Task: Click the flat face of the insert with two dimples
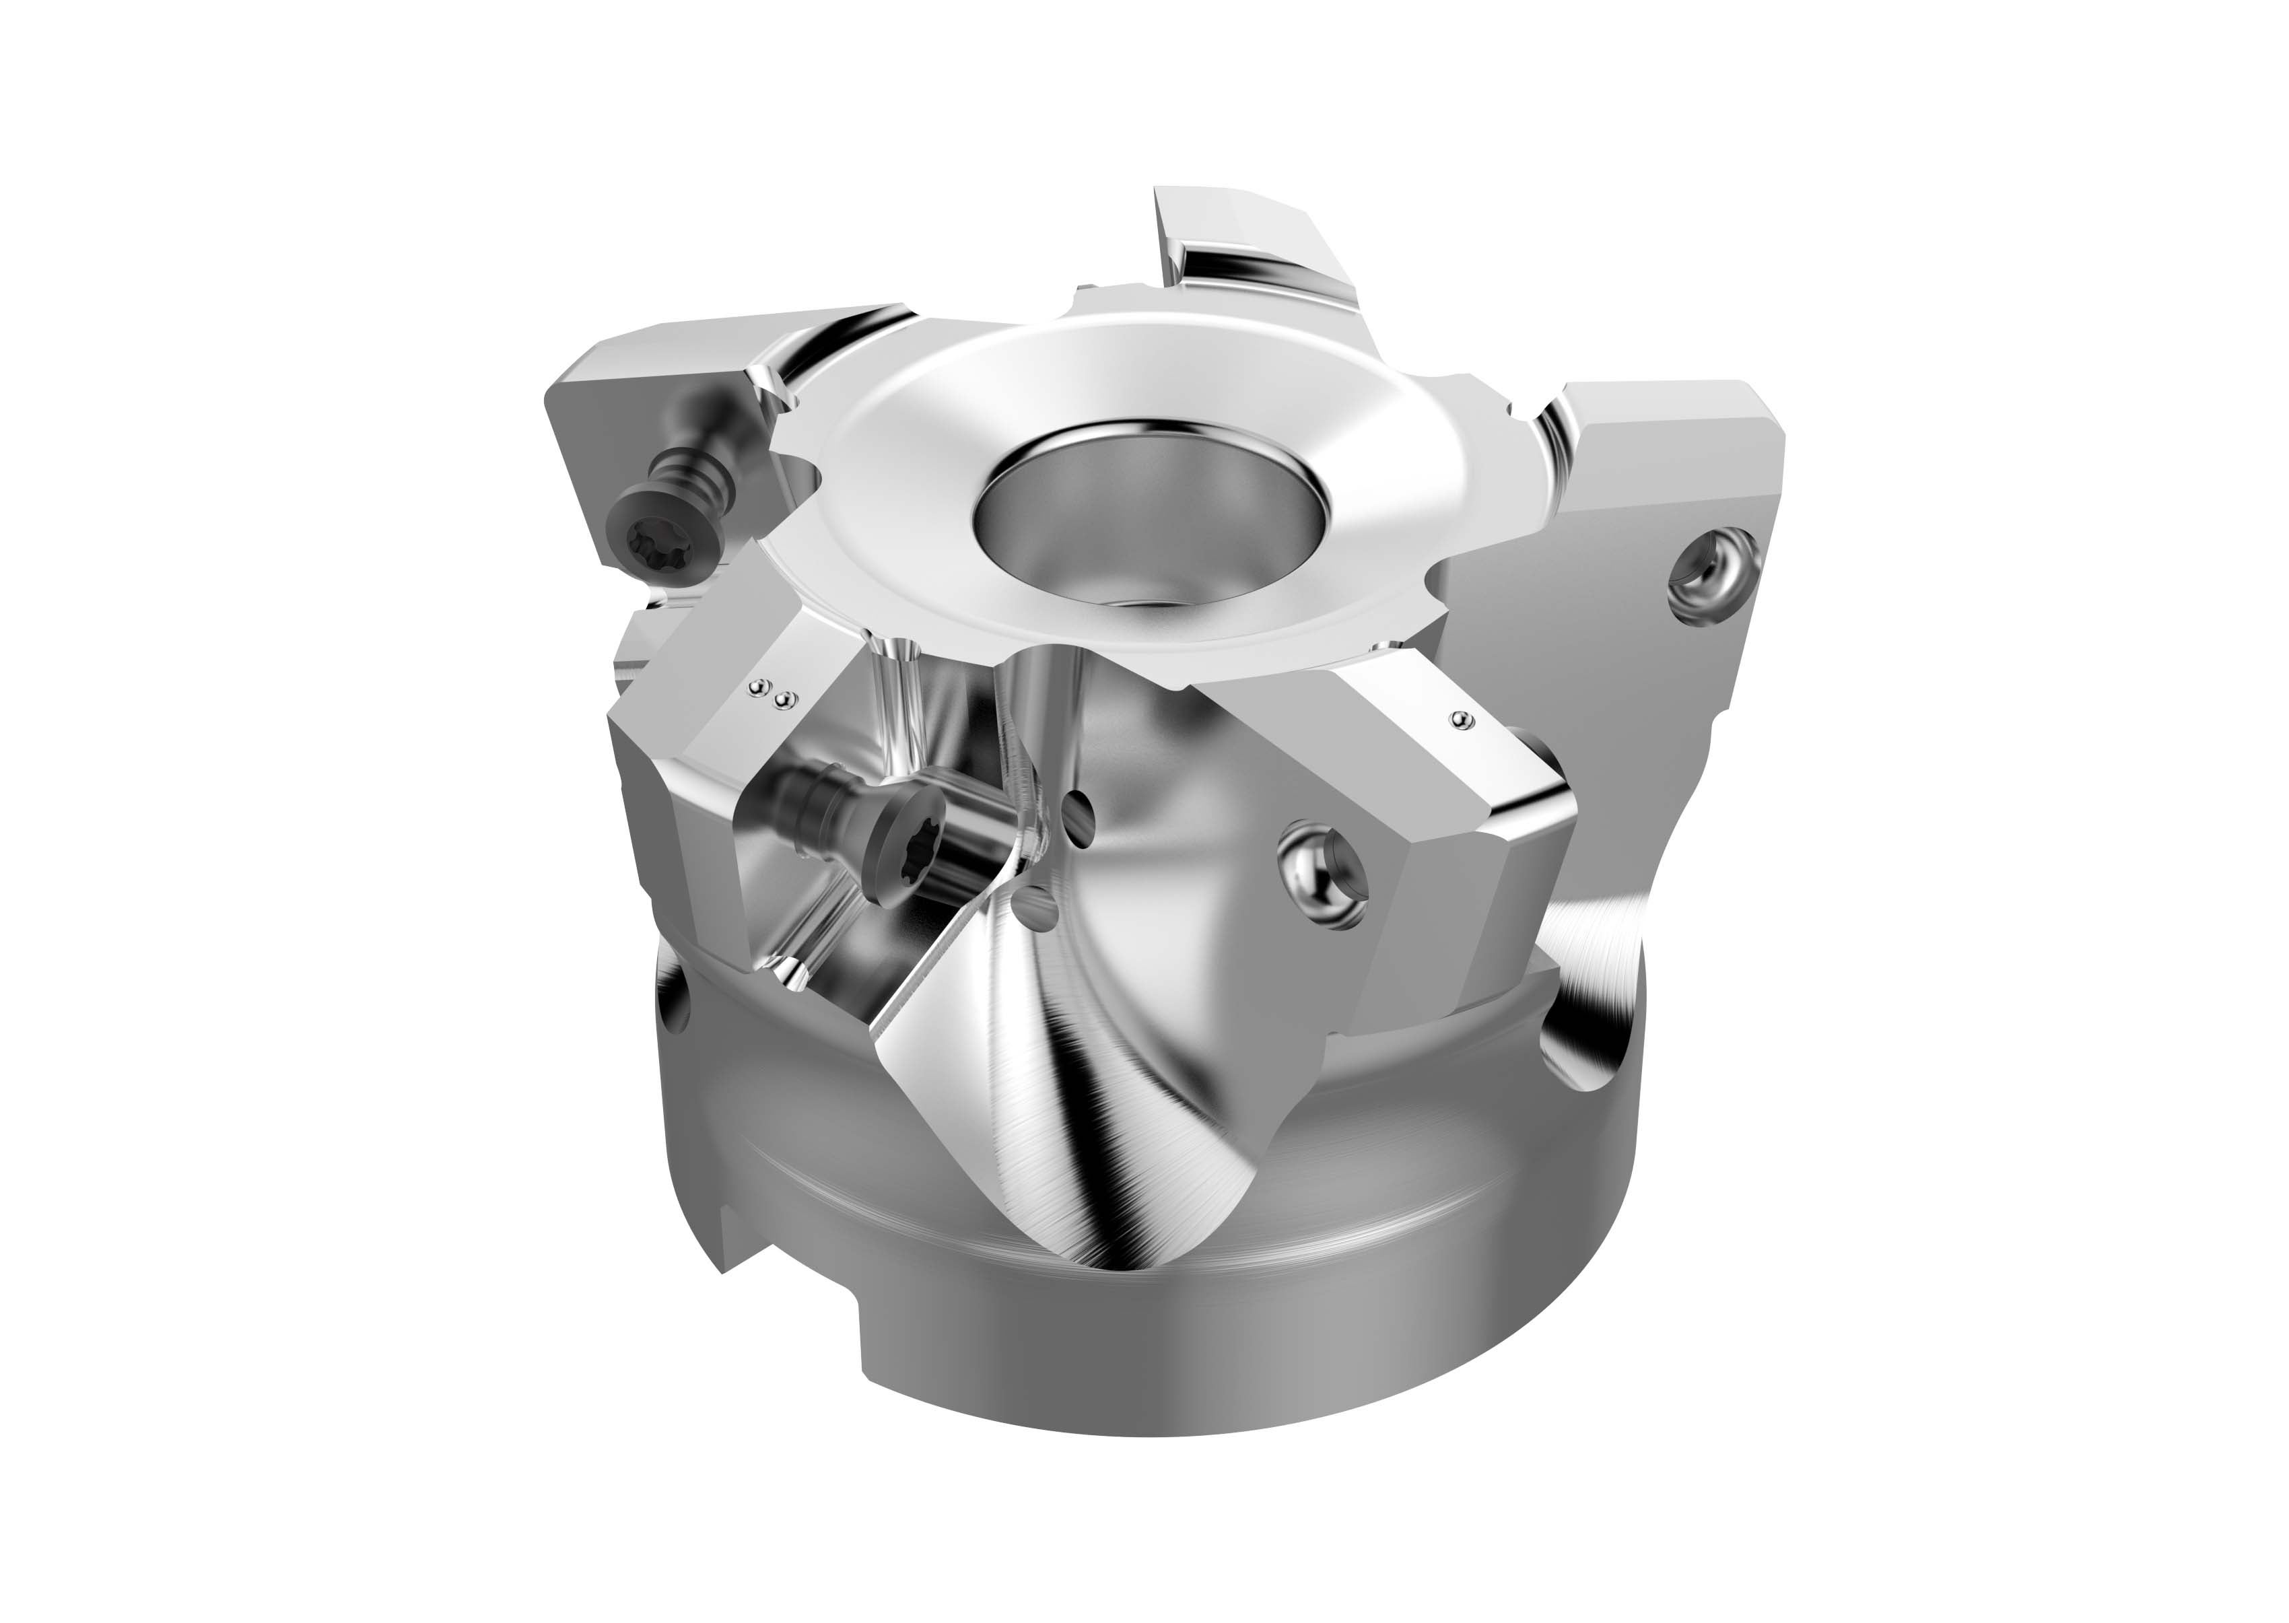(x=730, y=740)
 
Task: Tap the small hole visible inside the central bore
(x=1140, y=600)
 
